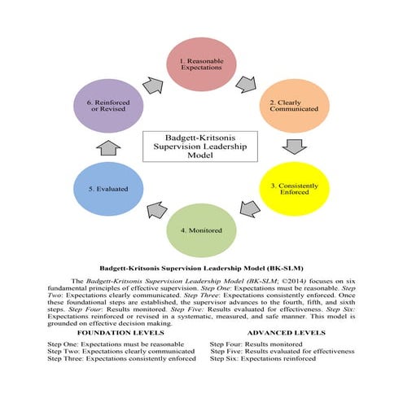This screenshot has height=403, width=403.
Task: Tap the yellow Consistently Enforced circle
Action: coord(291,191)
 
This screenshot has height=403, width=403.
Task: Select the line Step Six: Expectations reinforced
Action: coord(263,358)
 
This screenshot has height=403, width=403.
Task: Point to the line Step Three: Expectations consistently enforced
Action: coord(122,358)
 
